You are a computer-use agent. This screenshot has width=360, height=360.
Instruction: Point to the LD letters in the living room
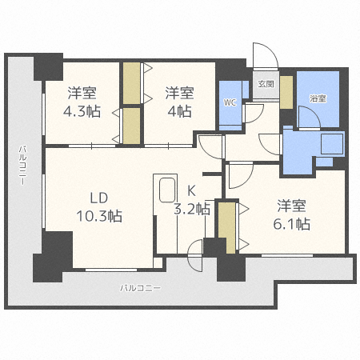99,196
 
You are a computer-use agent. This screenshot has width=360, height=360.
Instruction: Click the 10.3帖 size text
99,215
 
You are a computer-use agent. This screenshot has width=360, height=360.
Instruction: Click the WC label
229,102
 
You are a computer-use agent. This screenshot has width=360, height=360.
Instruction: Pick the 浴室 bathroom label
318,98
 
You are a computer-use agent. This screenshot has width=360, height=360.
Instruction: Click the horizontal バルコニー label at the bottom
140,287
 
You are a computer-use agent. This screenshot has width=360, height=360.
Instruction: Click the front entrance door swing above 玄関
264,56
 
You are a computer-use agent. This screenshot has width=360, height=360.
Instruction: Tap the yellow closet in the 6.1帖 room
226,228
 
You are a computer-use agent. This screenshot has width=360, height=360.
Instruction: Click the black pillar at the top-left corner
48,65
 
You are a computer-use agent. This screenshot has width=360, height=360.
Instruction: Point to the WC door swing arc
254,112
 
